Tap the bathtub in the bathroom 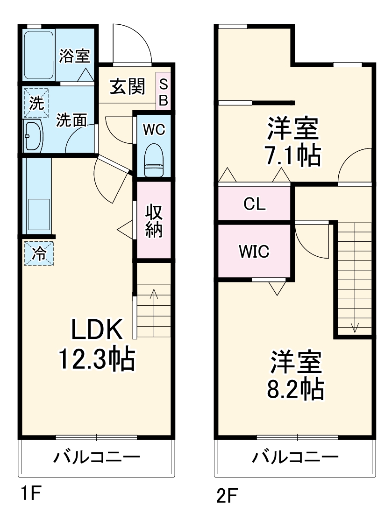pyautogui.click(x=39, y=55)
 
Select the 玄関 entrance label pyautogui.click(x=127, y=87)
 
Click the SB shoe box pyautogui.click(x=163, y=91)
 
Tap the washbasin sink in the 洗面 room pyautogui.click(x=33, y=136)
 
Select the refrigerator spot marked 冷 pyautogui.click(x=39, y=253)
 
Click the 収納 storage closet pyautogui.click(x=154, y=221)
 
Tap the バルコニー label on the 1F pyautogui.click(x=96, y=457)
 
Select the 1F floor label pyautogui.click(x=29, y=494)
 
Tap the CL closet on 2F pyautogui.click(x=255, y=204)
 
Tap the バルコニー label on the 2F pyautogui.click(x=295, y=457)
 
